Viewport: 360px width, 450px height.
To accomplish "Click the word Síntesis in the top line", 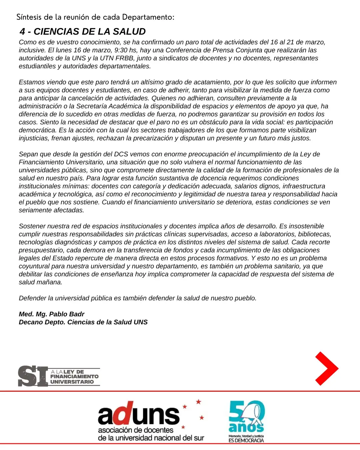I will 29,17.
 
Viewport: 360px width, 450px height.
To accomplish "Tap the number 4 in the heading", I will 22,32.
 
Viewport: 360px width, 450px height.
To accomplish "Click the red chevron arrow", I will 327,369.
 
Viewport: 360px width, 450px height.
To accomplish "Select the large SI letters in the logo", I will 33,376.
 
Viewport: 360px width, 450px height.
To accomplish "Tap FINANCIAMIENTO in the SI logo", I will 74,377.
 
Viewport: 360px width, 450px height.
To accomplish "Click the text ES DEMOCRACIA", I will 246,440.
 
